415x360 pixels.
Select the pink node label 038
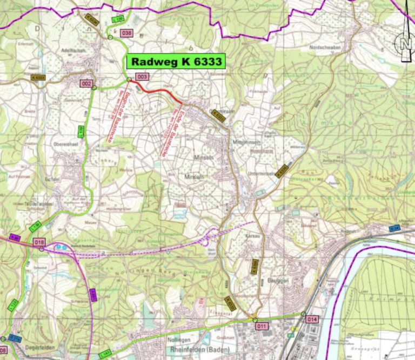tap(127, 33)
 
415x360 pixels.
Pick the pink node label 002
tap(86, 84)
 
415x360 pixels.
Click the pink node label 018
tap(40, 242)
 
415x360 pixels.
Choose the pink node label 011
tap(262, 326)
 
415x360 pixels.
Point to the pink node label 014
tap(312, 320)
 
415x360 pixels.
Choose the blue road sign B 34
tap(394, 229)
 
